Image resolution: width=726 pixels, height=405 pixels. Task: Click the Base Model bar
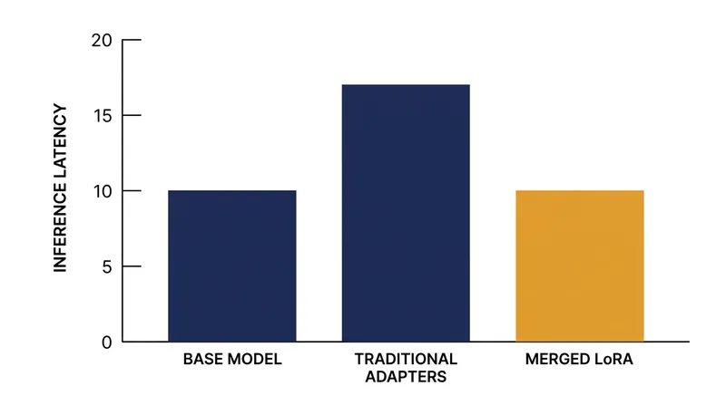point(232,265)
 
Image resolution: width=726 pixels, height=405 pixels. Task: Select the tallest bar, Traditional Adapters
point(406,213)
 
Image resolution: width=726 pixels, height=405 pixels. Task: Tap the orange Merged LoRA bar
point(580,265)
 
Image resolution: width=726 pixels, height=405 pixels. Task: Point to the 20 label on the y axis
point(102,41)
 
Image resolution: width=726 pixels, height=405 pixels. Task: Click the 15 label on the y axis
point(103,116)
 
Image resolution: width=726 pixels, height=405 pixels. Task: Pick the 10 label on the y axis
point(103,191)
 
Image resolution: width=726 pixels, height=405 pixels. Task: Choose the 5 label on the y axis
point(107,266)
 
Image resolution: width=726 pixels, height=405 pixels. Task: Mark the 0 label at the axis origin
point(107,342)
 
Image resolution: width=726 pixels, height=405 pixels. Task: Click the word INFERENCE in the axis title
point(60,228)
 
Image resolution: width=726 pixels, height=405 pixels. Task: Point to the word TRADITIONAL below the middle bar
point(406,359)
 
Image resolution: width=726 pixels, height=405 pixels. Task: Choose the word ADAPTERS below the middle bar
point(406,377)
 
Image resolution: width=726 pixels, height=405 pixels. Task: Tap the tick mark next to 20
point(132,40)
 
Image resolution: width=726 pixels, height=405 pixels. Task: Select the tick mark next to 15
point(132,115)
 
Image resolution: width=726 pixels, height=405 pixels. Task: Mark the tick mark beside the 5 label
point(132,266)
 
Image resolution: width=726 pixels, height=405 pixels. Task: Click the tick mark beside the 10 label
point(132,190)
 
